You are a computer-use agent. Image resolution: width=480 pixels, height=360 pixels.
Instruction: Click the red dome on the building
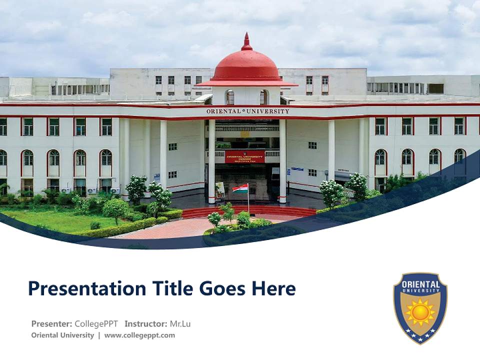point(246,66)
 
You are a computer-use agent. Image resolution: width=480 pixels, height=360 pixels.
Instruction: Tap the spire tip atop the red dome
point(246,36)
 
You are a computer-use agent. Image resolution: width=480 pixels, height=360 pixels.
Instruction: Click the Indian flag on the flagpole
point(240,189)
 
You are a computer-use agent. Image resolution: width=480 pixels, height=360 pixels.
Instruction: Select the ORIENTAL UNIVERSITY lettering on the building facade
point(247,111)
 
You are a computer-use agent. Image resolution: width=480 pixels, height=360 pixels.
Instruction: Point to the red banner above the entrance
point(244,156)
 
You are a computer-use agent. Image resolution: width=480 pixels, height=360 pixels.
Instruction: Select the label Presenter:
point(51,323)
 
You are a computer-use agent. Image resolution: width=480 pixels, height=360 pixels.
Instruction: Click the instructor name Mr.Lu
point(180,323)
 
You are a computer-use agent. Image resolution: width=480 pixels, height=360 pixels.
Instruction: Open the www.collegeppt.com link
point(139,335)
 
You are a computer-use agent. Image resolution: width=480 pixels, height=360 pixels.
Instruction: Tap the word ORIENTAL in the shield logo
point(420,284)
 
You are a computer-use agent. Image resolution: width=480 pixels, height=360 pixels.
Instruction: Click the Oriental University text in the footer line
point(62,335)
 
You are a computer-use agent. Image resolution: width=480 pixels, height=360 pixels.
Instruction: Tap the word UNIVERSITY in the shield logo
point(420,291)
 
